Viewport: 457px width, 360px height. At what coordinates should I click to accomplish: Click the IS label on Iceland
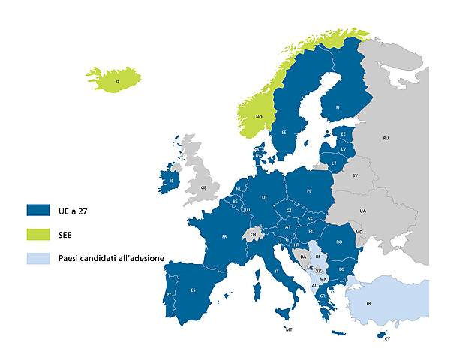[117, 80]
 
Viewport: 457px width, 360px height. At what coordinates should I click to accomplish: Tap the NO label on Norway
[259, 118]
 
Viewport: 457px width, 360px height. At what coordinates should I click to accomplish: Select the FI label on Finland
[338, 107]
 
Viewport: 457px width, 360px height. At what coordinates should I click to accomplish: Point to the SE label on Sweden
[284, 132]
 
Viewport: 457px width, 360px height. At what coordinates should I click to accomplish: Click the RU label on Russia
[386, 139]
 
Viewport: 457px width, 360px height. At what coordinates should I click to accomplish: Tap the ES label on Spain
[193, 290]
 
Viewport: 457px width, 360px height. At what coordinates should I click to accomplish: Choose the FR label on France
[224, 236]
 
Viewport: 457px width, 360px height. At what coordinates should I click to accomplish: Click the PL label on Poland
[308, 191]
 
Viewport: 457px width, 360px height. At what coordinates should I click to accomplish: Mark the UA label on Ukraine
[362, 212]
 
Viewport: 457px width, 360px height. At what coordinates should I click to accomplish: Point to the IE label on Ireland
[172, 181]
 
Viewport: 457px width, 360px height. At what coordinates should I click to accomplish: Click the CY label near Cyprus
[387, 339]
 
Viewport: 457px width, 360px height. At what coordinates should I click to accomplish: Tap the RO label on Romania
[339, 241]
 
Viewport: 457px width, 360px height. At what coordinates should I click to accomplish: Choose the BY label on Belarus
[355, 175]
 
